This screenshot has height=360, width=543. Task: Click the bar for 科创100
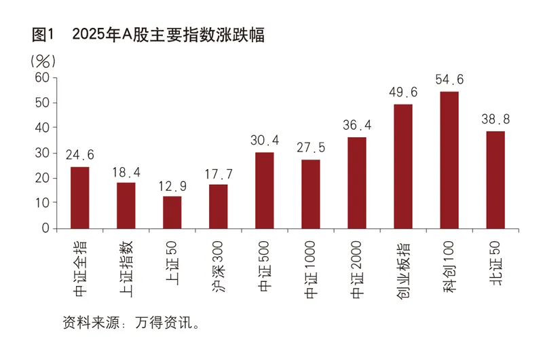tap(449, 160)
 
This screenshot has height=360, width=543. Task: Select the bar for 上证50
tap(172, 212)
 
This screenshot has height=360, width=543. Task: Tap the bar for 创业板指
tap(403, 166)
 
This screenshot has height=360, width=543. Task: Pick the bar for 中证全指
tap(80, 198)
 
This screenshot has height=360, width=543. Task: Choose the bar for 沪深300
tap(219, 206)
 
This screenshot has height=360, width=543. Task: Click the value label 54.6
tap(449, 80)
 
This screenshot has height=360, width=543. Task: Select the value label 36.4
tap(357, 126)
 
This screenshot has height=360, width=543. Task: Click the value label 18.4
tap(126, 172)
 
